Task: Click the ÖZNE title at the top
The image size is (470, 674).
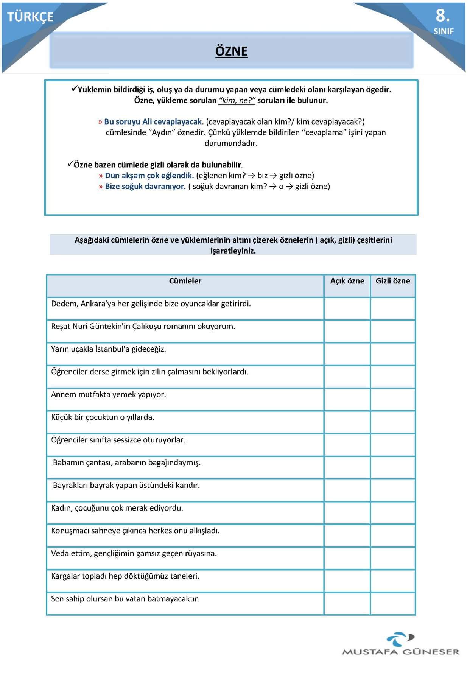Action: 231,51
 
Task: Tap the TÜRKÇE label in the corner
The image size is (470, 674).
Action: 30,17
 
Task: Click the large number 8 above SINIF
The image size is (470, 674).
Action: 442,16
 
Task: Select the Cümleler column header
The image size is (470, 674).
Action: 185,281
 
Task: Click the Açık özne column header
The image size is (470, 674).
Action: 347,281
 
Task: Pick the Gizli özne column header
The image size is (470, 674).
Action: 393,281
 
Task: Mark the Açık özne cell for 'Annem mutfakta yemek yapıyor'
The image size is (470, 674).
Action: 347,399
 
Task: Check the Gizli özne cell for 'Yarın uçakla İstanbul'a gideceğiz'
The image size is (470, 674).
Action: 393,354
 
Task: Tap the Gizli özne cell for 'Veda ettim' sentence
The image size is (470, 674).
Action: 393,558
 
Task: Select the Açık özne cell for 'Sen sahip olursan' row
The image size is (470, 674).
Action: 347,604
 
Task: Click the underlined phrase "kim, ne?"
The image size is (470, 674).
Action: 237,101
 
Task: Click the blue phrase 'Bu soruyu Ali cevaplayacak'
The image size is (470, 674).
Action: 153,122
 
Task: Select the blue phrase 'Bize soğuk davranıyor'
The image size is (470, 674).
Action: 145,187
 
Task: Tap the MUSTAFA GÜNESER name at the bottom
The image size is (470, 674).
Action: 400,652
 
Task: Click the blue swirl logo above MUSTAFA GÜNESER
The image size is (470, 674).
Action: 400,639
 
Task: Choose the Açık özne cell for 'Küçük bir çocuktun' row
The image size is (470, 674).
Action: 347,422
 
